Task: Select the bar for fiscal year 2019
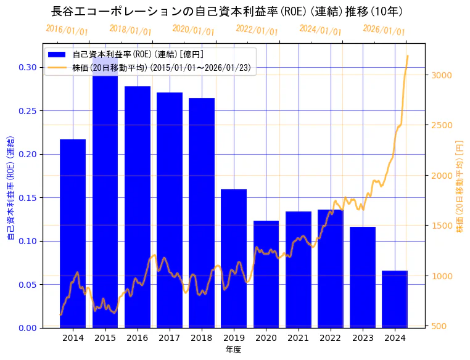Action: pos(234,258)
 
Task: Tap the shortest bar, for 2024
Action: pos(395,299)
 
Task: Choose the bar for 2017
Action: pos(170,210)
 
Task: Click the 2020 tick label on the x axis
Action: pos(266,338)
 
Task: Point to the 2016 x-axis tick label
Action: pos(137,338)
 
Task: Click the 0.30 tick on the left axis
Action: pos(28,67)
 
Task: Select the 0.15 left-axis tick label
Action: pos(28,198)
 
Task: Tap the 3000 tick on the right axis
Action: pos(442,75)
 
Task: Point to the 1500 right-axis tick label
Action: pos(442,226)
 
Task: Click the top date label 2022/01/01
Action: pos(257,30)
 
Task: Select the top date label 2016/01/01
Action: pos(67,30)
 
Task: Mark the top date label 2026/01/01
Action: pos(384,30)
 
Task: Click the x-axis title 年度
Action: pos(233,350)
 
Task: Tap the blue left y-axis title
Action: pos(10,185)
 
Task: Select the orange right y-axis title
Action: pos(459,185)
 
